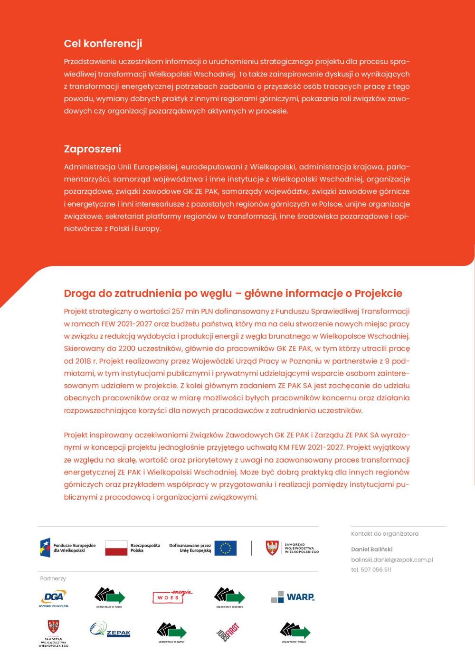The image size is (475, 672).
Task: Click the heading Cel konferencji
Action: [x=103, y=44]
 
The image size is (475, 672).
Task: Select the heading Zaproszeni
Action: [x=93, y=149]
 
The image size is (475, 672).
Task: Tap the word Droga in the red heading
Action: [x=79, y=293]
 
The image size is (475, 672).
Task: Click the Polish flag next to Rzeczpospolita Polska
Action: [x=116, y=548]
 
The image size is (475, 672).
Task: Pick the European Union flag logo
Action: [x=225, y=548]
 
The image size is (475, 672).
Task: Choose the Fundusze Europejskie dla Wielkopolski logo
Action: [x=68, y=548]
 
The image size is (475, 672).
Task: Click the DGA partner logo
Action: [x=54, y=598]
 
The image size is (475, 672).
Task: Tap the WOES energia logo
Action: [x=172, y=596]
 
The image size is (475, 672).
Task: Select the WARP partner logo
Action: [x=293, y=597]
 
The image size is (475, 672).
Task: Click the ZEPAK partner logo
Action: [x=110, y=630]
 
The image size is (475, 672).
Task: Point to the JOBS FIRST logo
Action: [x=228, y=632]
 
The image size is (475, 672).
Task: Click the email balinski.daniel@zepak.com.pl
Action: [x=392, y=560]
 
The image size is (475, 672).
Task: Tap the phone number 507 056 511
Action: [x=371, y=570]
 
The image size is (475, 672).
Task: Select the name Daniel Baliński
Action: [x=371, y=549]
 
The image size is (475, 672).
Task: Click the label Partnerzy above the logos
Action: [x=53, y=578]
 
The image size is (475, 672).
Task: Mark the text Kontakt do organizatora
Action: [x=384, y=534]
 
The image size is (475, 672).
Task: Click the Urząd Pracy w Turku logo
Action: [x=110, y=597]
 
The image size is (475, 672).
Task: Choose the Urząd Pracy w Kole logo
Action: [x=294, y=632]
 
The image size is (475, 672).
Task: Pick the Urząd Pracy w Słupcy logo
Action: [x=171, y=632]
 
